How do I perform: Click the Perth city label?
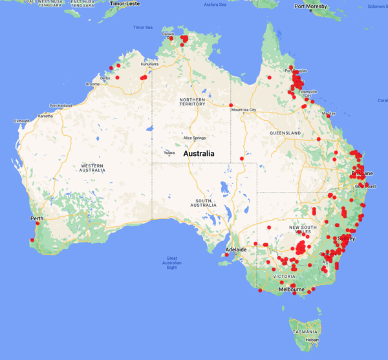point(37,218)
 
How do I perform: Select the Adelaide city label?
point(235,249)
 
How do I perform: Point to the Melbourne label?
point(291,290)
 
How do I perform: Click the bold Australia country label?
point(204,154)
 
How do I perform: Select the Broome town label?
point(92,84)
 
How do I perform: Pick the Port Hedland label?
point(60,105)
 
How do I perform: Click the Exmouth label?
point(22,121)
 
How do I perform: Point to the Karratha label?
point(45,116)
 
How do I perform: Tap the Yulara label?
point(169,153)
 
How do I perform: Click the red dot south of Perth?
point(32,241)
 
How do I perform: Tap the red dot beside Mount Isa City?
point(231,105)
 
